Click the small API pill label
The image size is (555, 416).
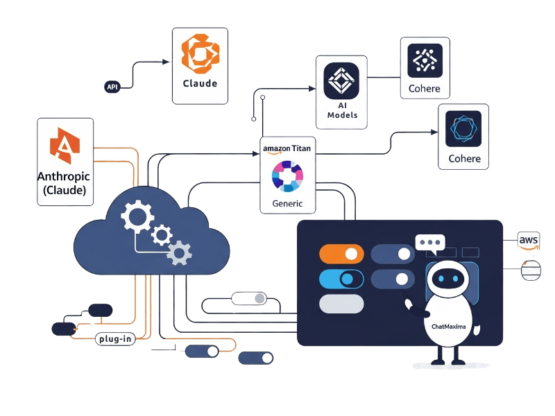112,87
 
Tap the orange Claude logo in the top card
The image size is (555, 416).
199,53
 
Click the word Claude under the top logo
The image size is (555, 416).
200,83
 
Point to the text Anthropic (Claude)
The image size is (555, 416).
65,183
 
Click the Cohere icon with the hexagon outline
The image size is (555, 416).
463,128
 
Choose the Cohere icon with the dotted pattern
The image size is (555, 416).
424,60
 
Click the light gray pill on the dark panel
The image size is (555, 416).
341,304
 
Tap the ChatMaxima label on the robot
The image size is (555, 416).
444,324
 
